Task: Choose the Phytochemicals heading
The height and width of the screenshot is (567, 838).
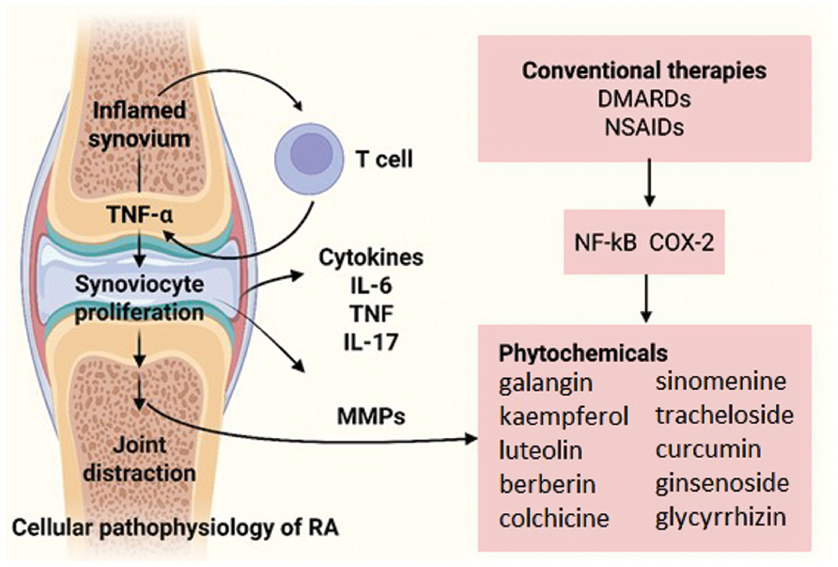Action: (583, 353)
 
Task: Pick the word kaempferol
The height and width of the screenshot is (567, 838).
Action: (564, 417)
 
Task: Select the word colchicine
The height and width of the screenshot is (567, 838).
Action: (555, 517)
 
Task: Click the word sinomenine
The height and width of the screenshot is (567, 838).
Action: (721, 382)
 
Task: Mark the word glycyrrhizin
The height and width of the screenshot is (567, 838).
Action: (721, 516)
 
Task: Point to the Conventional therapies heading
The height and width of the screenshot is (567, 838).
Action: (644, 71)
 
